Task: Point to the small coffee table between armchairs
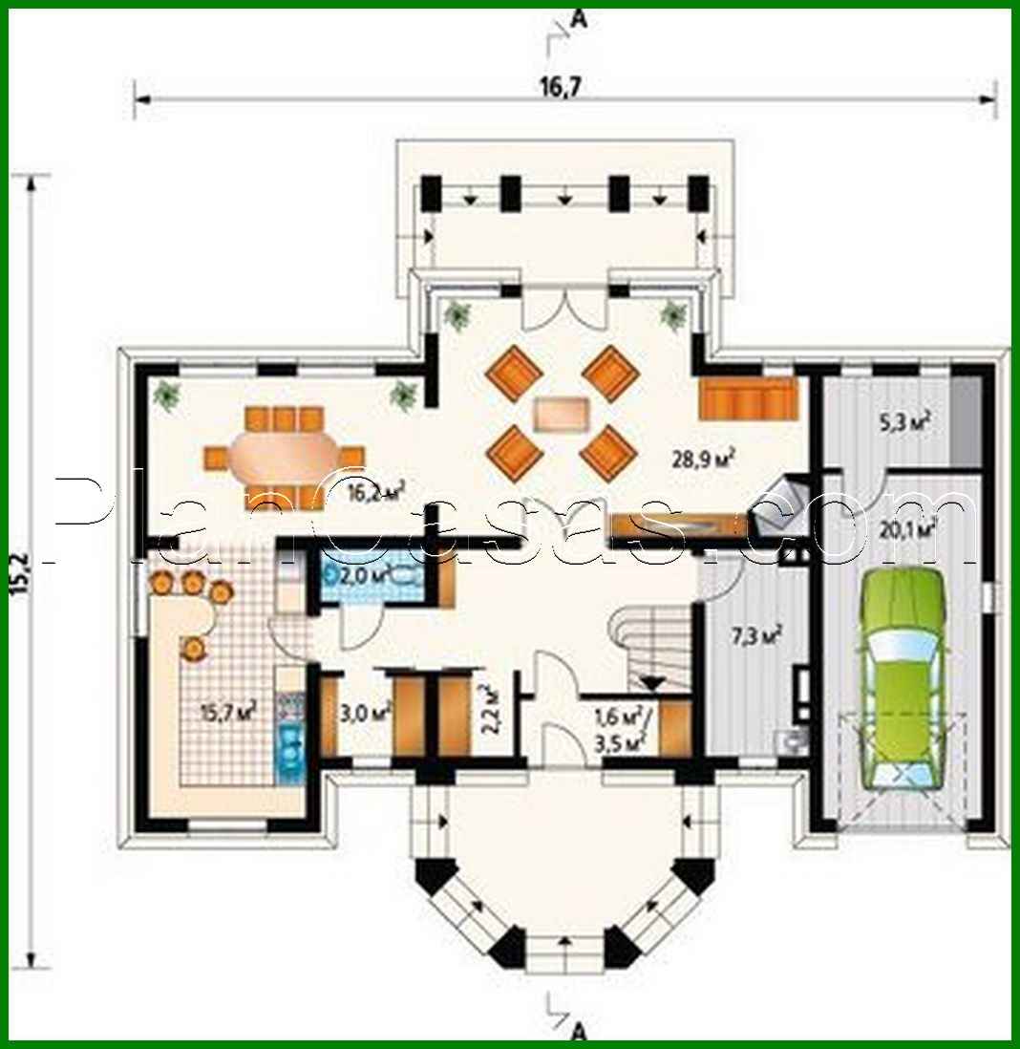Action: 561,414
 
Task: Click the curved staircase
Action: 649,650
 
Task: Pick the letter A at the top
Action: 576,16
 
